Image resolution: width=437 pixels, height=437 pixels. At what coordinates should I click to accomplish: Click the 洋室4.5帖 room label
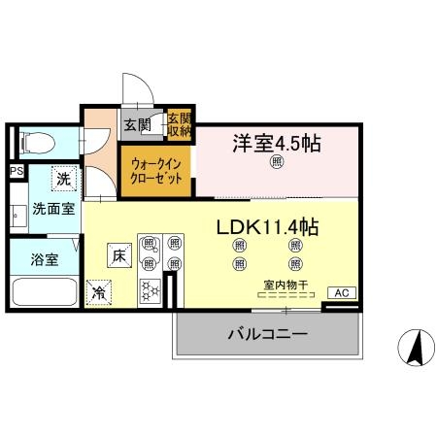276,143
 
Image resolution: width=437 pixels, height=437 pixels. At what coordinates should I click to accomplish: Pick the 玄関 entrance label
137,123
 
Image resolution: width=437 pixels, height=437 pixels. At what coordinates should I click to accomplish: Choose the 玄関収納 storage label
179,123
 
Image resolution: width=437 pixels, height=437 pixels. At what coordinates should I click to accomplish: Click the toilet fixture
36,144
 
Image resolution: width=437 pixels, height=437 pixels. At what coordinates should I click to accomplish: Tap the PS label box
16,172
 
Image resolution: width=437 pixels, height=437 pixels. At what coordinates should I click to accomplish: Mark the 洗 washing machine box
63,180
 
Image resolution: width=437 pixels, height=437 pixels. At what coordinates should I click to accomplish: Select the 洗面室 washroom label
53,209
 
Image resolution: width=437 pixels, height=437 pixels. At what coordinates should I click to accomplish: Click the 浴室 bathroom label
43,260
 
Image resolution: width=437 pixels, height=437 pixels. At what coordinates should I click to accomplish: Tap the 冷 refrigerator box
99,291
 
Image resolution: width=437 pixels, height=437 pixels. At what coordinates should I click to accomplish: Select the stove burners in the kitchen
151,289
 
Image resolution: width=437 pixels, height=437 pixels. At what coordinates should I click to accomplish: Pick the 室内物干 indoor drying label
286,286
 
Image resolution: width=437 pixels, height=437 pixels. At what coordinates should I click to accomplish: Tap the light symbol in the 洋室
277,163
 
